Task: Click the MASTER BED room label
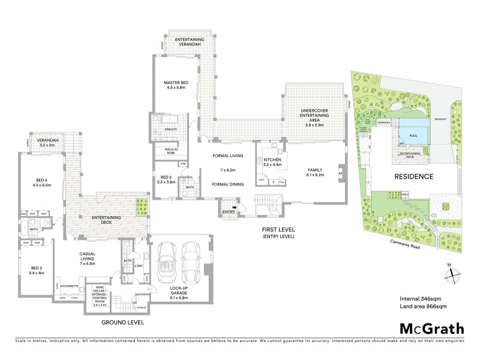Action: point(177,84)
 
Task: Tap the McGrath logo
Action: point(432,329)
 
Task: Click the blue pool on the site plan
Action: point(413,130)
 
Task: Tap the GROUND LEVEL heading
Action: point(124,322)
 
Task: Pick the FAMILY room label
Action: point(315,170)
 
